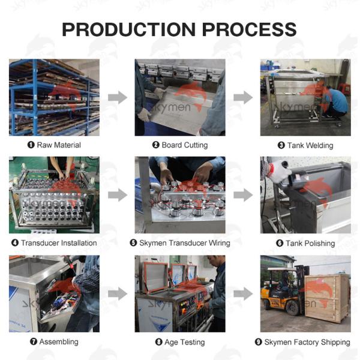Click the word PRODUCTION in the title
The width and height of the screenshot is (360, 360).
coord(129,29)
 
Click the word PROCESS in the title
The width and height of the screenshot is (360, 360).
coord(250,29)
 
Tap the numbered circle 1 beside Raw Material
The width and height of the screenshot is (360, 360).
coord(31,145)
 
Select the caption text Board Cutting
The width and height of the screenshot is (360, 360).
coord(185,145)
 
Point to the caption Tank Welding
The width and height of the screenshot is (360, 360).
coord(310,145)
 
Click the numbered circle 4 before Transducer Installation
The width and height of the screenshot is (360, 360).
coord(15,242)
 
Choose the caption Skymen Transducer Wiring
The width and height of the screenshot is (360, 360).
coord(185,243)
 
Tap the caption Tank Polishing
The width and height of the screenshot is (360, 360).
coord(310,243)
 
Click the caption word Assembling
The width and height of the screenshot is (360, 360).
coord(59,341)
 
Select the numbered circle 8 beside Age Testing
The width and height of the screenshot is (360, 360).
coord(158,342)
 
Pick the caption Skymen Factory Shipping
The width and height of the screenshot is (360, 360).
coord(307,342)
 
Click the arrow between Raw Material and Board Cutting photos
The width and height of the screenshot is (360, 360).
coord(118,97)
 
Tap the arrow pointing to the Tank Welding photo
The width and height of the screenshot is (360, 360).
coord(243,97)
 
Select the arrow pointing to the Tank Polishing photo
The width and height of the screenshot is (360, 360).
coord(243,195)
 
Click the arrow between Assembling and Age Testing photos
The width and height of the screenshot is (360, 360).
coord(118,293)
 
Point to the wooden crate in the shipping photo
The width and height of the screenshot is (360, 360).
coord(327,298)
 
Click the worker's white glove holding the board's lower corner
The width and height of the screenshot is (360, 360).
coord(144,115)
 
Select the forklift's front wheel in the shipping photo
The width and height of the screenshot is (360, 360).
coord(293,308)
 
